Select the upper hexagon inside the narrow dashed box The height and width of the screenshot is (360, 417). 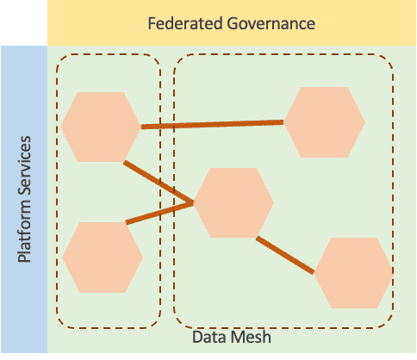click(101, 127)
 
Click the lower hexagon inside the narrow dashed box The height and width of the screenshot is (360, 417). click(103, 257)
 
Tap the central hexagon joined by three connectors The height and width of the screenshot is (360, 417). click(233, 203)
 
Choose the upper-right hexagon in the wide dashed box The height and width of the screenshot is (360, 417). click(325, 122)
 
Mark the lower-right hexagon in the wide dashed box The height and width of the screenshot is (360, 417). click(353, 273)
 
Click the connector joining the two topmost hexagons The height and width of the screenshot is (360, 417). click(212, 125)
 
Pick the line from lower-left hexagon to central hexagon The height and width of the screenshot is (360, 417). click(159, 214)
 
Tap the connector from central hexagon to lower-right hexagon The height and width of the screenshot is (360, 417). click(284, 254)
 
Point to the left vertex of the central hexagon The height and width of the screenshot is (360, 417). click(194, 203)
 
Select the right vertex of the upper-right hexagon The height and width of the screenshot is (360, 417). click(364, 122)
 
